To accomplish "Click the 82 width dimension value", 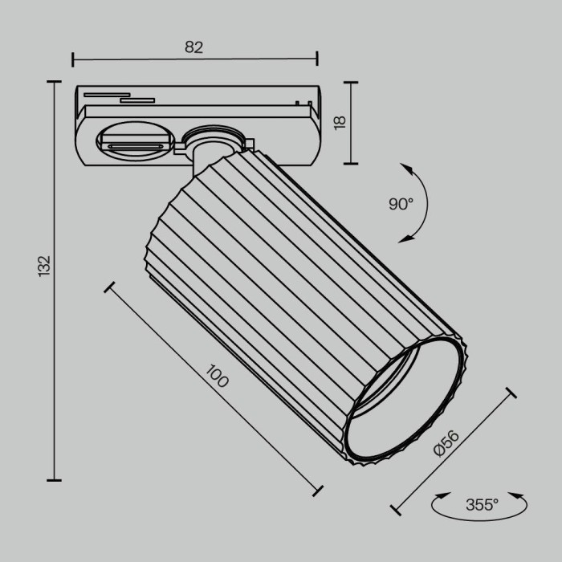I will pyautogui.click(x=193, y=47).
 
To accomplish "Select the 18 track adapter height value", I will pyautogui.click(x=339, y=122).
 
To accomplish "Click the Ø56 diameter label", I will pyautogui.click(x=446, y=444).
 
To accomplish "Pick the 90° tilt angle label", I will pyautogui.click(x=401, y=204).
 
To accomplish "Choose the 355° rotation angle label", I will pyautogui.click(x=482, y=505).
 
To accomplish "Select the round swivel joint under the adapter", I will pyautogui.click(x=211, y=137).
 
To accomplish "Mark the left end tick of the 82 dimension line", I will pyautogui.click(x=73, y=59).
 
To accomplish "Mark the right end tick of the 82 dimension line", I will pyautogui.click(x=317, y=59).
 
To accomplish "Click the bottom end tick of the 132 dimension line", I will pyautogui.click(x=54, y=480).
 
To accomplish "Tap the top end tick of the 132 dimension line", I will pyautogui.click(x=54, y=82).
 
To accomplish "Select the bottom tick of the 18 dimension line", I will pyautogui.click(x=351, y=163).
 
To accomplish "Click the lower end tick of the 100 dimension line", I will pyautogui.click(x=318, y=491).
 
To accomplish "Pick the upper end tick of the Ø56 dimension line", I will pyautogui.click(x=511, y=393).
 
